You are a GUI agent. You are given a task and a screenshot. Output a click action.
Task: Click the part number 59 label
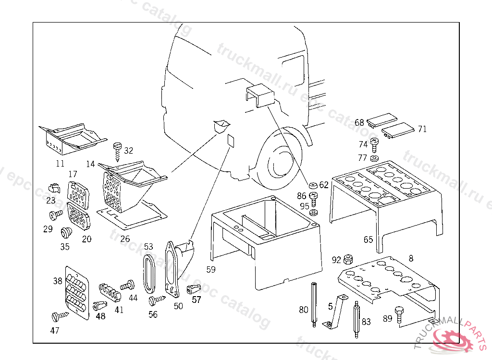tap(211, 269)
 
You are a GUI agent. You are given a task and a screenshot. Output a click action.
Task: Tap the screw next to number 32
tap(117, 150)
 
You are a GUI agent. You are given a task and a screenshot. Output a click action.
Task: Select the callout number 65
tap(368, 240)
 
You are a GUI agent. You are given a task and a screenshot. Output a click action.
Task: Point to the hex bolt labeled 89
tap(399, 314)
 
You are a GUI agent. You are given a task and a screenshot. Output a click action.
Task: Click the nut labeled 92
tap(349, 260)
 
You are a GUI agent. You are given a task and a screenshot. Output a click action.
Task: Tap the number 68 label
tap(359, 122)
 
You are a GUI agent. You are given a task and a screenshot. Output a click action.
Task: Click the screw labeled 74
tap(375, 144)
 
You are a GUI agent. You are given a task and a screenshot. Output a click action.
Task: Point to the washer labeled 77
tap(375, 158)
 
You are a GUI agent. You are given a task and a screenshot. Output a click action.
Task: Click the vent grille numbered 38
tap(77, 292)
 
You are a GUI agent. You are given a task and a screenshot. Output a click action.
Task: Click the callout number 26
tap(125, 239)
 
